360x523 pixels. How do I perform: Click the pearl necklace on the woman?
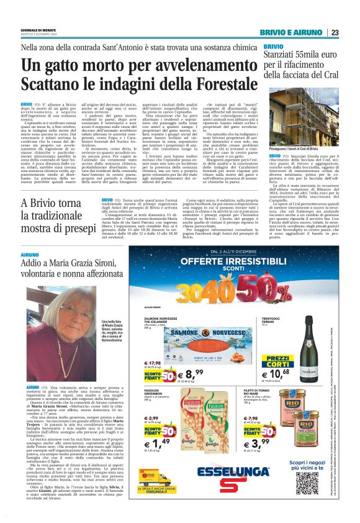[x=62, y=354]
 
